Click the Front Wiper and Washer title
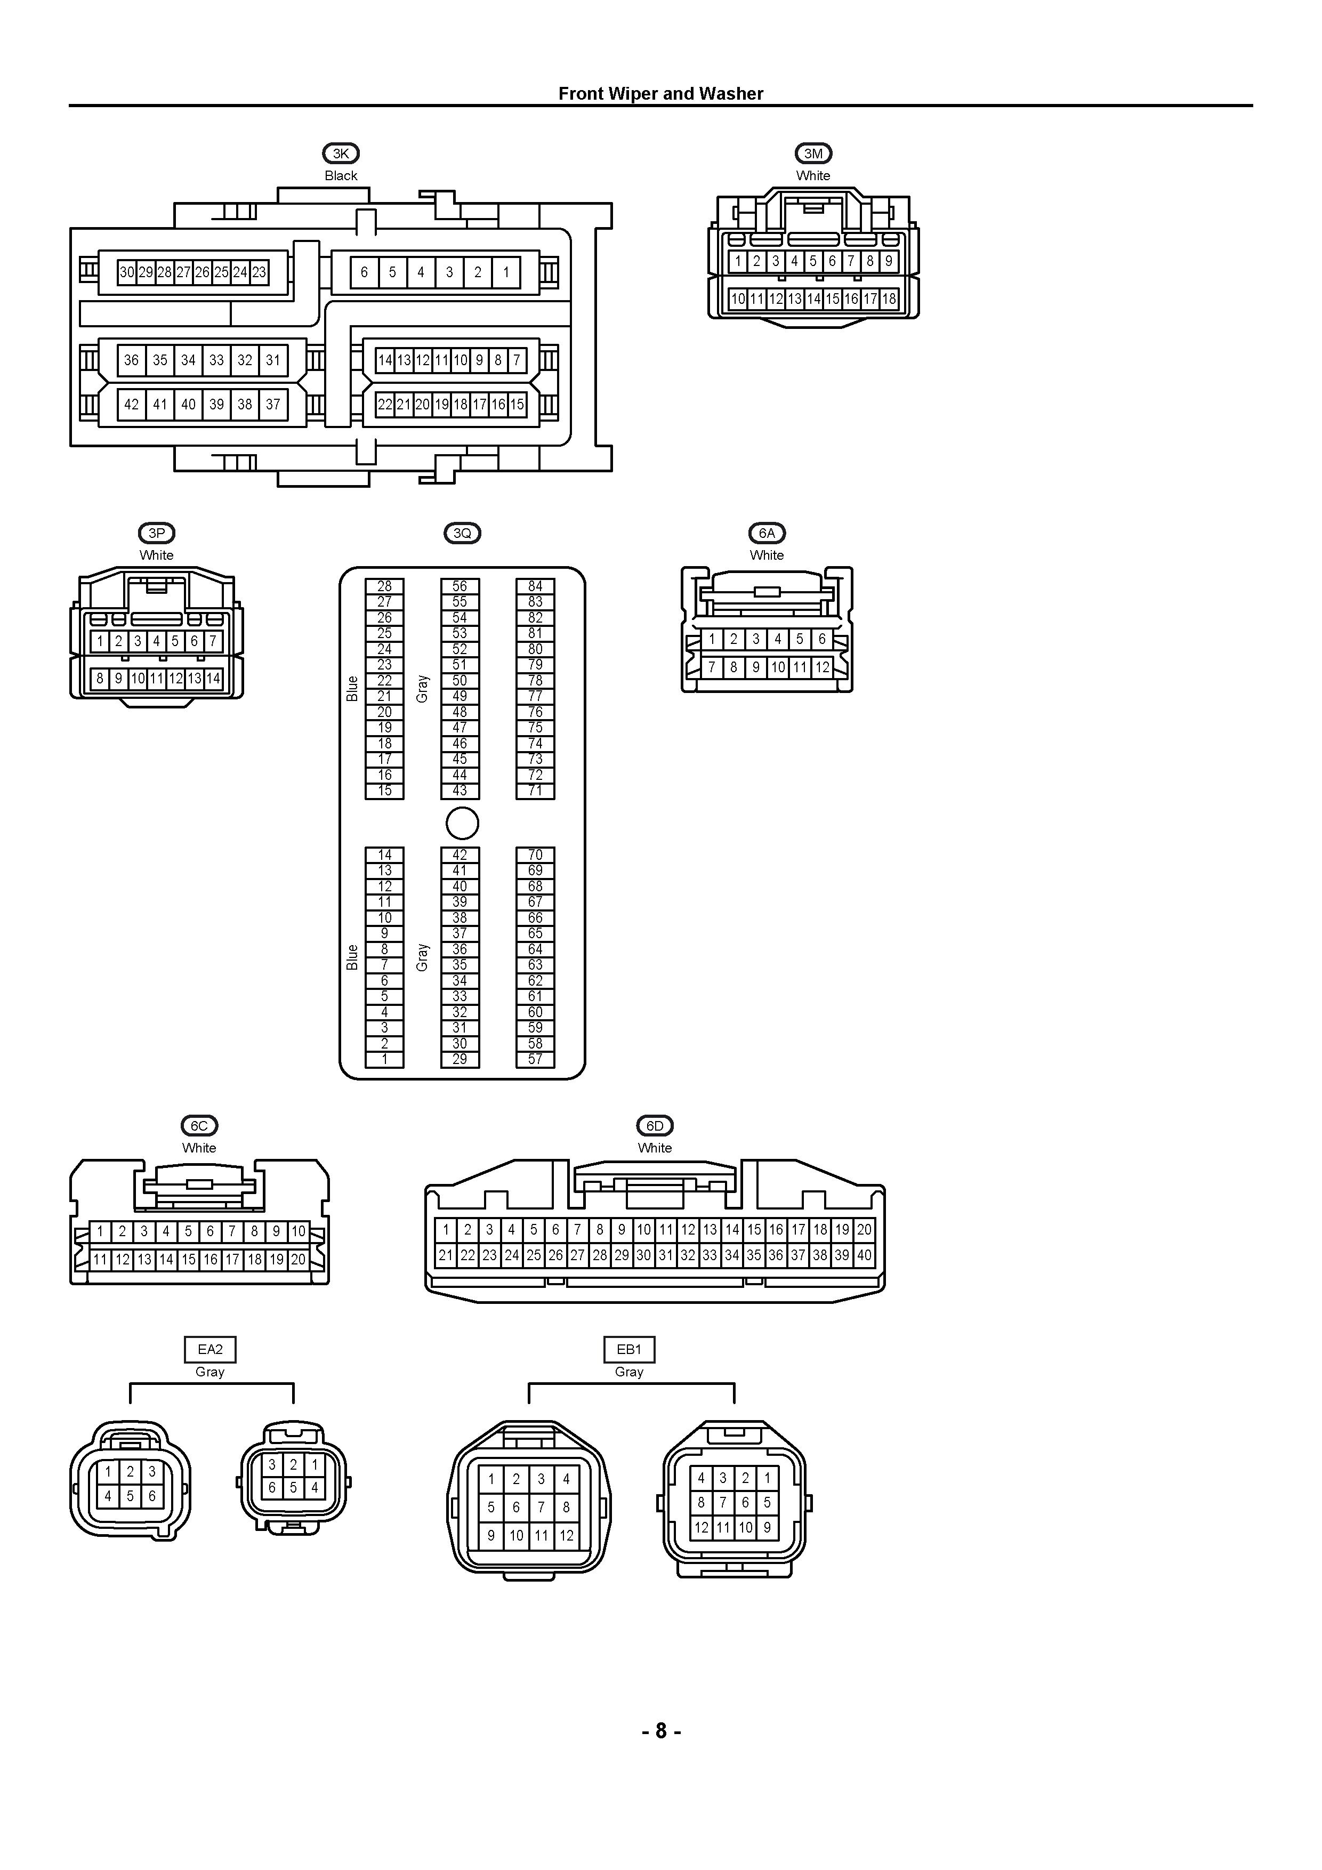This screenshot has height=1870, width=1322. (660, 94)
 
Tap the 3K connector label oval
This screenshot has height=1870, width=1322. (341, 153)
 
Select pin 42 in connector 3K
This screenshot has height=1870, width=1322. (131, 404)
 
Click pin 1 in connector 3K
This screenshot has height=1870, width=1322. (506, 272)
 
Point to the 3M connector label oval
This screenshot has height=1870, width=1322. (813, 153)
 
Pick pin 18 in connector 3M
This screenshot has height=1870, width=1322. (889, 299)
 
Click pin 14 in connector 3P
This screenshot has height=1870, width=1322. (213, 678)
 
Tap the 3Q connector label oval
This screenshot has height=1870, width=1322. (462, 534)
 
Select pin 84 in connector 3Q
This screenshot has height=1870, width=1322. (535, 586)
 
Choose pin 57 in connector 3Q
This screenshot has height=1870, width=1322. (535, 1059)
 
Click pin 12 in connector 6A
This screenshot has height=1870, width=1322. (823, 667)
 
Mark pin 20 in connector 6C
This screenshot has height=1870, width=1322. (298, 1259)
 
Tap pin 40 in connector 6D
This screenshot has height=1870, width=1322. (864, 1255)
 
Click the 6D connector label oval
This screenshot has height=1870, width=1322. (655, 1126)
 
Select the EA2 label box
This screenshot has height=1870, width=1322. (209, 1350)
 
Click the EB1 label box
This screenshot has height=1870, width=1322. (629, 1350)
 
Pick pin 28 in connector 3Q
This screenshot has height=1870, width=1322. (384, 586)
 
